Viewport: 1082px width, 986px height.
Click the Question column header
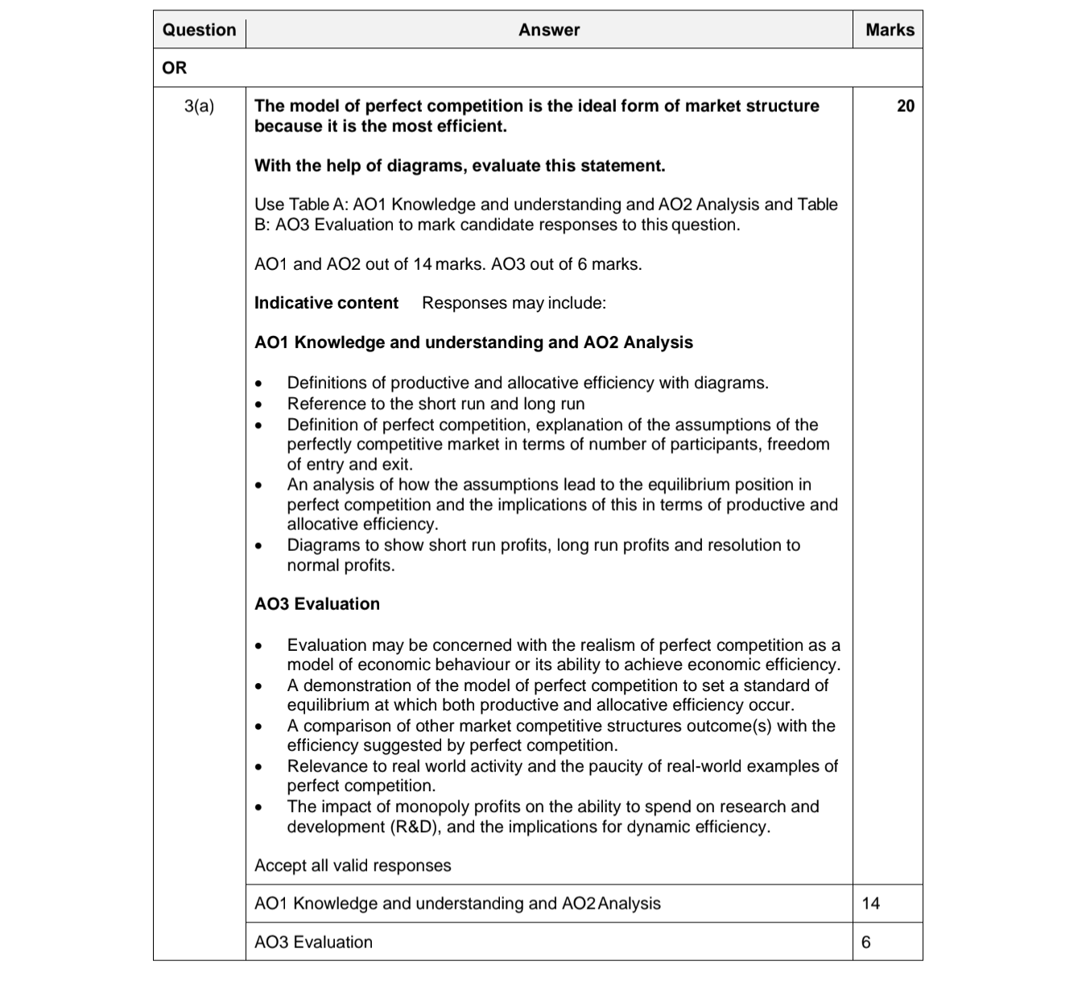point(199,30)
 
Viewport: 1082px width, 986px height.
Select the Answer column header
point(548,30)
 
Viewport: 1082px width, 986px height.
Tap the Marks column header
point(890,30)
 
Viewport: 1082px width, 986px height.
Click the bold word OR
point(174,68)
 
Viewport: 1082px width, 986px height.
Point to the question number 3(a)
point(199,106)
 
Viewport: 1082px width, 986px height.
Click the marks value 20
point(905,106)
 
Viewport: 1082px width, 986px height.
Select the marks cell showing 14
point(871,903)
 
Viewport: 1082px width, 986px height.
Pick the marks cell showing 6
point(866,942)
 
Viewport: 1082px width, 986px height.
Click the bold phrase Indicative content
point(326,303)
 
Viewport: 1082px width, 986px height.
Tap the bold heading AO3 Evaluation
point(317,603)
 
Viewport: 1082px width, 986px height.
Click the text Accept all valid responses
point(353,865)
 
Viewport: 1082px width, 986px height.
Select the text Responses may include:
point(514,303)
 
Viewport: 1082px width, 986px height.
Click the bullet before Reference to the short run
point(258,404)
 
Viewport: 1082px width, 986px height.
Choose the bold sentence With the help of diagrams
point(460,166)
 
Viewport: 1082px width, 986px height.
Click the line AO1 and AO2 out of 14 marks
point(448,264)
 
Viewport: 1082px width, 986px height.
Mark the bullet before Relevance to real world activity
point(258,767)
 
